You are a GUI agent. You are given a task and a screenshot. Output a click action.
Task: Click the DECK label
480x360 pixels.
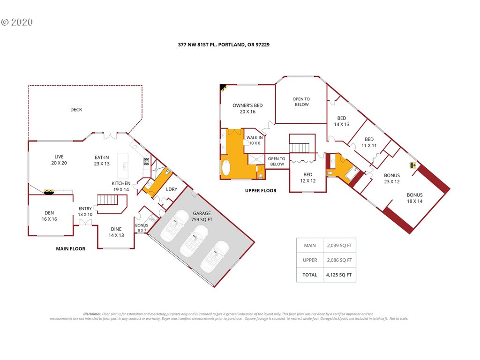76,110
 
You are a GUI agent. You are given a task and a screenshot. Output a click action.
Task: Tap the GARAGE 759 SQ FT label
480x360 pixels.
202,217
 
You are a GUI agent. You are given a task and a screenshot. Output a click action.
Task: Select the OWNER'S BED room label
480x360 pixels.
247,108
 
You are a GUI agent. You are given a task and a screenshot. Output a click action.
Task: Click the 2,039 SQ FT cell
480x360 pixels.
339,245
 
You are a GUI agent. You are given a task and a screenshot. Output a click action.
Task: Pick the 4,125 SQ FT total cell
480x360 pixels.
339,275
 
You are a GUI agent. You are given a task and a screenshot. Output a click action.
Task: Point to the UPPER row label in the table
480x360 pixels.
310,260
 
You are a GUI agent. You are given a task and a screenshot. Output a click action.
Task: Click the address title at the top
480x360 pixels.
224,45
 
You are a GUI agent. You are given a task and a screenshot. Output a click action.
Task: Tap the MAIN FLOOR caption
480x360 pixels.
70,248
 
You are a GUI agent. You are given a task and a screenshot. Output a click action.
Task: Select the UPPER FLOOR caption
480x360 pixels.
261,190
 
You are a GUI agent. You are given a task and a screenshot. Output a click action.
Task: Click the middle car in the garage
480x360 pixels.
194,240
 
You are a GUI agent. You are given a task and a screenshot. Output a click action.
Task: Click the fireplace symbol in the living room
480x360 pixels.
49,192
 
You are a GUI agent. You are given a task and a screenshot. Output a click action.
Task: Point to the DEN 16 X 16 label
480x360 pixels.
49,216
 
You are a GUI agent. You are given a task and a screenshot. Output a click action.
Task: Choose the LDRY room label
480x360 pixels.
172,189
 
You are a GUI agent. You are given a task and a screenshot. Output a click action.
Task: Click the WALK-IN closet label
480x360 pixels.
255,140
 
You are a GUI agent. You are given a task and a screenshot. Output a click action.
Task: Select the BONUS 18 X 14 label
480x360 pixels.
414,198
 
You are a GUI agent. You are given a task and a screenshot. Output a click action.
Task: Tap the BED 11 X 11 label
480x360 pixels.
369,142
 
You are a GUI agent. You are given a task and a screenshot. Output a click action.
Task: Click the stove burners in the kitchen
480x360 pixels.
147,161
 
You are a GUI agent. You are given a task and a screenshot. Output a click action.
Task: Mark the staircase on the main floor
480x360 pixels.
108,200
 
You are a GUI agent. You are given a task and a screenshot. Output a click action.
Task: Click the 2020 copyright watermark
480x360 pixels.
17,22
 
